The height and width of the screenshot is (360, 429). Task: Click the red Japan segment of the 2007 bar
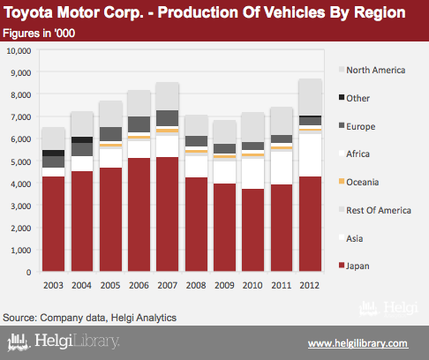[168, 214]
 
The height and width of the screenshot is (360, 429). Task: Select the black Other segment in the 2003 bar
[53, 153]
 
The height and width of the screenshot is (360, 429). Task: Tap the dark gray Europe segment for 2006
[139, 124]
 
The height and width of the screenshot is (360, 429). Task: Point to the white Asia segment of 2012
[310, 155]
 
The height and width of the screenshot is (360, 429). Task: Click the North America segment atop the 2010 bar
[253, 127]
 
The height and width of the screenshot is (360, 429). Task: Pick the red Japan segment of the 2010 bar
[253, 230]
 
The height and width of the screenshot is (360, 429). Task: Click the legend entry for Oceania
[358, 182]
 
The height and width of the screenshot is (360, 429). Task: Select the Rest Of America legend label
[379, 210]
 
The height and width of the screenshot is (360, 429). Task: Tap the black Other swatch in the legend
[342, 97]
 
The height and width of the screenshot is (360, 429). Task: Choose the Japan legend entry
[354, 266]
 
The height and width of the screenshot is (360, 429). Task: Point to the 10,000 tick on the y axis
[19, 51]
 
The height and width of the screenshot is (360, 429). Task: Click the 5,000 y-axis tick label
[21, 161]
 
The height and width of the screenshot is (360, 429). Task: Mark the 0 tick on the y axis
[28, 273]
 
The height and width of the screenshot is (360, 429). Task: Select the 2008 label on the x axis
[196, 285]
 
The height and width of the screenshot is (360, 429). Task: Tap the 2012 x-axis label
[310, 285]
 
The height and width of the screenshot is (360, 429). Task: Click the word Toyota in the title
[28, 13]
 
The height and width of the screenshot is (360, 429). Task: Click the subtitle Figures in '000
[39, 34]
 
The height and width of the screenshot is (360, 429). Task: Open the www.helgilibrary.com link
[358, 343]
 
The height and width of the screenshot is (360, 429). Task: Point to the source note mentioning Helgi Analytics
[89, 318]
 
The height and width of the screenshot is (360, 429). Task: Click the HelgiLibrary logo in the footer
[64, 341]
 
